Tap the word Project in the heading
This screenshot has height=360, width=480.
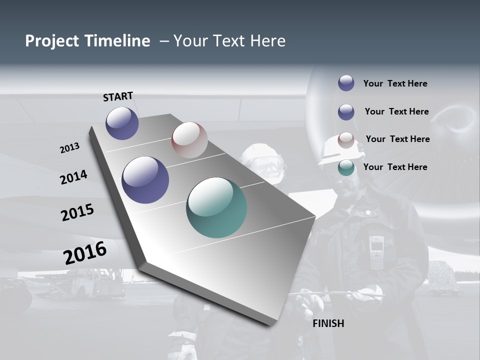[52, 41]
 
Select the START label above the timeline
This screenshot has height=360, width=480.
[118, 96]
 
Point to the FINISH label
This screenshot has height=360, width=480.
[328, 323]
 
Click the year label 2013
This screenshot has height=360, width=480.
[69, 148]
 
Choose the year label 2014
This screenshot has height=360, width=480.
[73, 177]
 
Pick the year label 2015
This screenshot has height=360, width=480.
[77, 212]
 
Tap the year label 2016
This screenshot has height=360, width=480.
[85, 252]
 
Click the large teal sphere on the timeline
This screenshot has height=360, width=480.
[216, 207]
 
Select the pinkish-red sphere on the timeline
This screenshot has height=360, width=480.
[189, 140]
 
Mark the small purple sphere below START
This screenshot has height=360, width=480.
[122, 123]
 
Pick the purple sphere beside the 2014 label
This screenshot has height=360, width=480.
[145, 180]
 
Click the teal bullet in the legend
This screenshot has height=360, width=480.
[346, 167]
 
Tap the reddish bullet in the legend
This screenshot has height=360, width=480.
[346, 140]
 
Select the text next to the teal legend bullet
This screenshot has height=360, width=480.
[395, 167]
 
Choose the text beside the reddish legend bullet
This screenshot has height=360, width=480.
[397, 139]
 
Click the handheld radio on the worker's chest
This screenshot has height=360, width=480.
[376, 253]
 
